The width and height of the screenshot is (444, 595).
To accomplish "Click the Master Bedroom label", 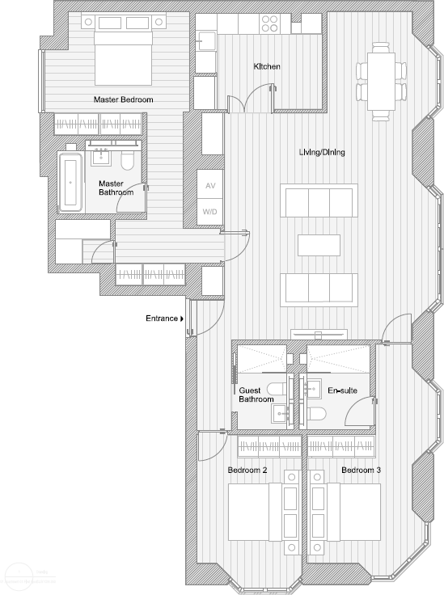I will (x=124, y=99).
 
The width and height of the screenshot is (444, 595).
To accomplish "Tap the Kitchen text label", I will (x=267, y=66).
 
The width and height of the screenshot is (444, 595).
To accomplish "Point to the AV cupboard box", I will (x=210, y=185).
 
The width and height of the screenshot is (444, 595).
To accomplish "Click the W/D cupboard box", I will (x=210, y=212).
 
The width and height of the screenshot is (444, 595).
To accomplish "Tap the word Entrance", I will (x=161, y=319).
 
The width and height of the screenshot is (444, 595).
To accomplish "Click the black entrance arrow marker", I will (x=183, y=319).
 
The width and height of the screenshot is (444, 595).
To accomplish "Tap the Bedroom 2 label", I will (x=247, y=470).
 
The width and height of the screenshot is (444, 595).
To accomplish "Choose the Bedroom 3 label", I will (x=361, y=470).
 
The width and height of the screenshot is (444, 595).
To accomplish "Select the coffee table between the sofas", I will (x=318, y=243).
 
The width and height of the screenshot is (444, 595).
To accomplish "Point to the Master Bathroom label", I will (x=116, y=188).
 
